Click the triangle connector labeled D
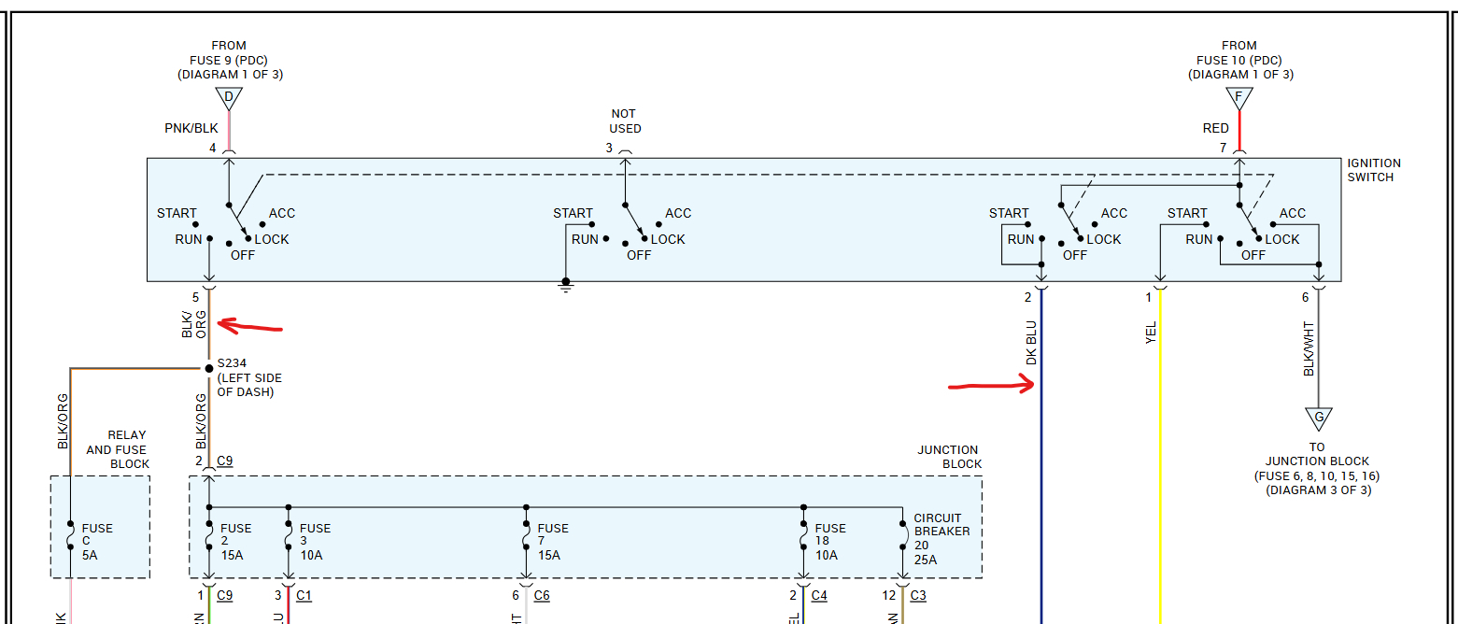tap(229, 97)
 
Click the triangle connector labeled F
tap(1239, 97)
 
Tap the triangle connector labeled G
tap(1318, 417)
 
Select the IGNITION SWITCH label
tap(1373, 170)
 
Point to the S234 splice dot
tap(208, 368)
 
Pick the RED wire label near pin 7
tap(1216, 128)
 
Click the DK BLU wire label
tap(1031, 343)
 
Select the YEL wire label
tap(1151, 333)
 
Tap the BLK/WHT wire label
tap(1309, 349)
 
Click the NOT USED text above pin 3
tap(625, 121)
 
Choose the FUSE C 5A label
tap(97, 542)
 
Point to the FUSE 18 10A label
tap(830, 542)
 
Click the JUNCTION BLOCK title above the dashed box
tap(949, 457)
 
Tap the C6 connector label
tap(543, 595)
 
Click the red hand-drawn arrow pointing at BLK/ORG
tap(249, 327)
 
